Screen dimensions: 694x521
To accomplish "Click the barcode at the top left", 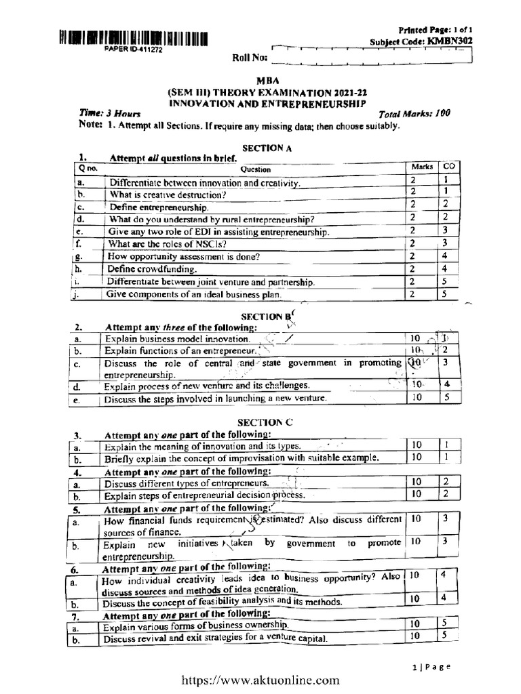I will pos(133,38).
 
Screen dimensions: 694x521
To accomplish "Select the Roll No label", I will pos(247,58).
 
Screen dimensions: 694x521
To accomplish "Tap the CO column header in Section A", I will pos(448,166).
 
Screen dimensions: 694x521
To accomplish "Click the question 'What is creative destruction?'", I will pos(168,195).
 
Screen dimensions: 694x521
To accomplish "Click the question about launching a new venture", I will pos(215,399).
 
